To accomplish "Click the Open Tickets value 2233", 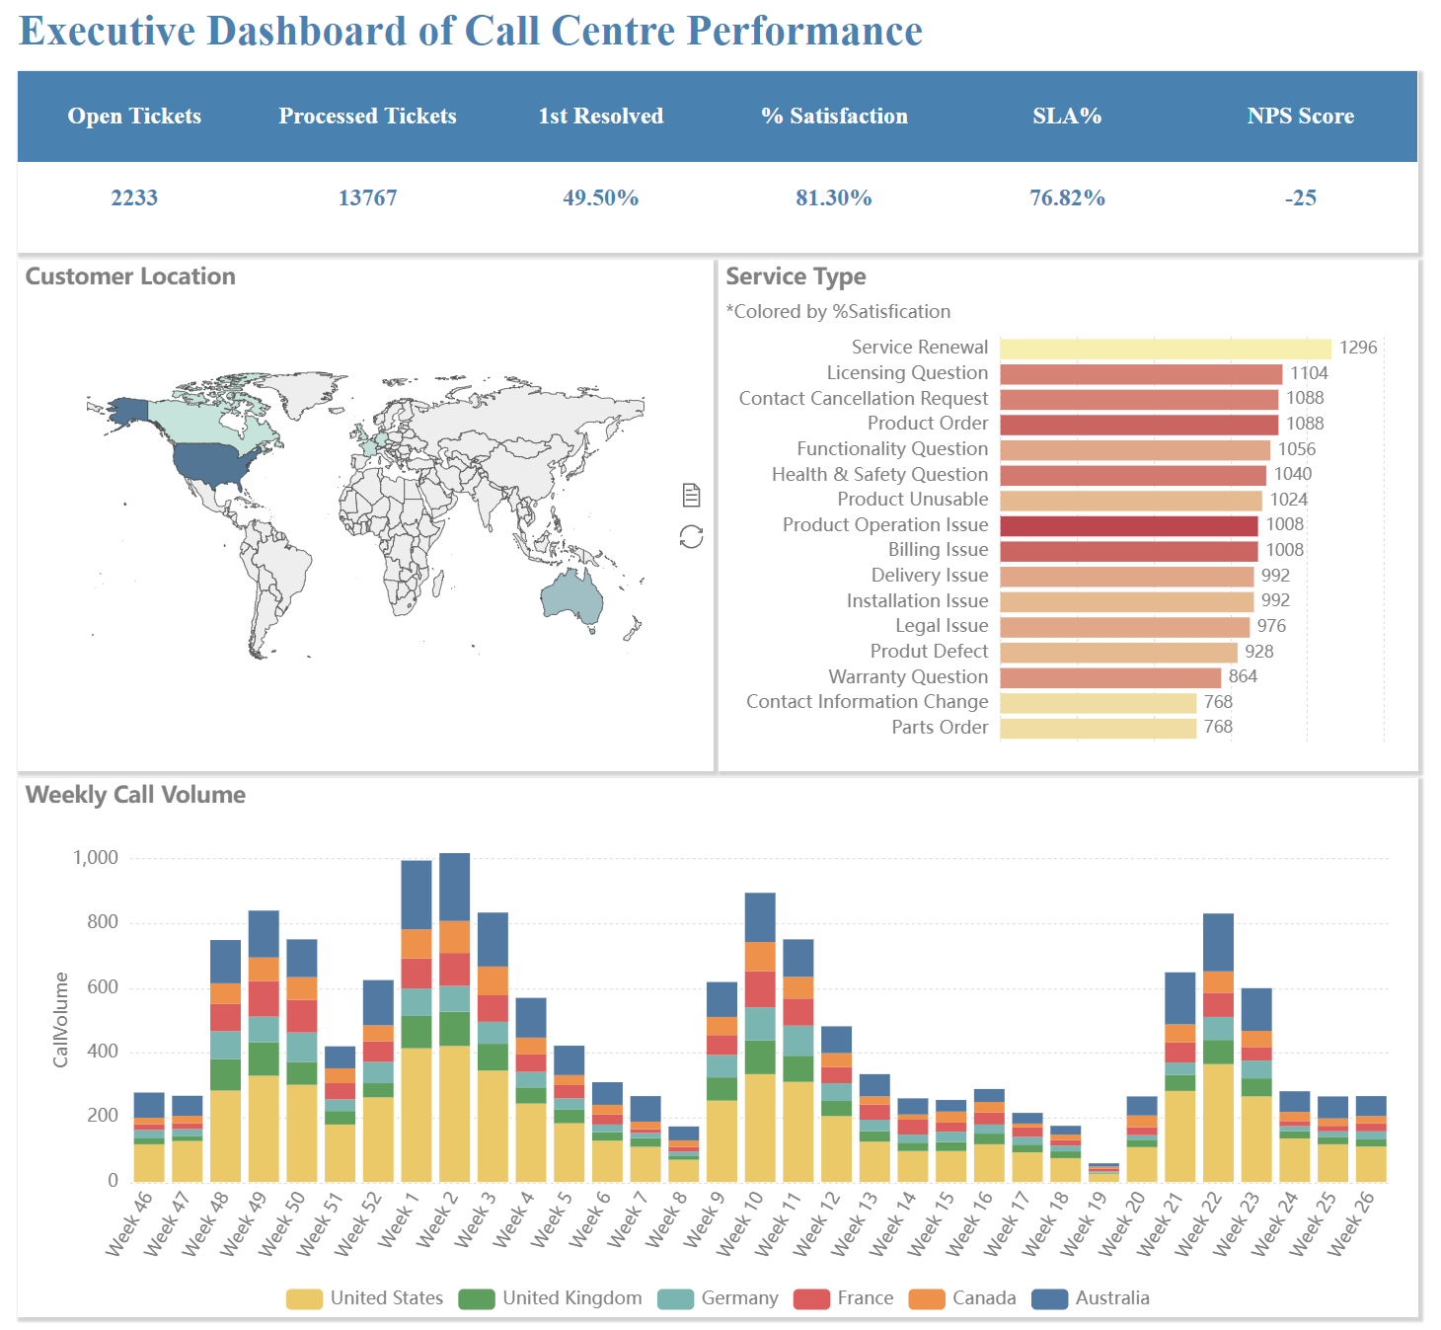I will [134, 197].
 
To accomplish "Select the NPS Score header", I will [1300, 117].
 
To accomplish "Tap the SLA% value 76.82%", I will [1067, 197].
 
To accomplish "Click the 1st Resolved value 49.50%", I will [600, 197].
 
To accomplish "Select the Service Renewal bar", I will [1165, 349].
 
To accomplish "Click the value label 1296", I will [1357, 348].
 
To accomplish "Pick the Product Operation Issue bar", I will [1128, 525].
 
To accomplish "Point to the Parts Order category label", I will [940, 728].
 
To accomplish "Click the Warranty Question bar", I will [1109, 677].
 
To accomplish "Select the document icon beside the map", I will [691, 495].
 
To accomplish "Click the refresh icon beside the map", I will [691, 537].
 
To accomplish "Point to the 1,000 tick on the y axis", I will [96, 858].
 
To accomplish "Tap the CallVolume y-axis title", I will [61, 1020].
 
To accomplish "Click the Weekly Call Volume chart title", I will [135, 795].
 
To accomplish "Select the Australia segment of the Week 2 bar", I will [454, 887].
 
